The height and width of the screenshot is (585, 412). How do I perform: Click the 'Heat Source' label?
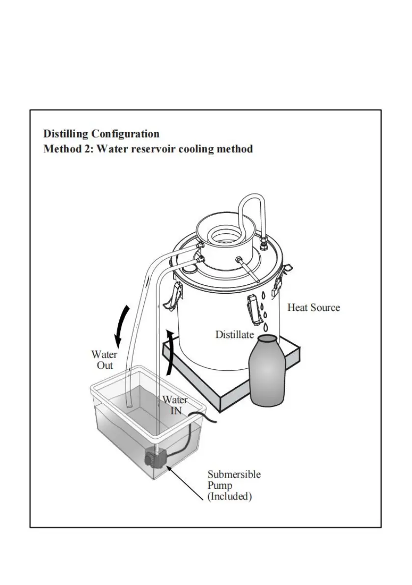(313, 308)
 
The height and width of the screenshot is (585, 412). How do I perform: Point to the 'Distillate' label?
(235, 335)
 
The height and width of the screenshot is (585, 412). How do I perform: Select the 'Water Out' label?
(104, 360)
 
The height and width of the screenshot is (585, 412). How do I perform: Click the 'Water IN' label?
(175, 405)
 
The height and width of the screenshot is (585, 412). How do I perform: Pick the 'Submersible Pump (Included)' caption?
(234, 485)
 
